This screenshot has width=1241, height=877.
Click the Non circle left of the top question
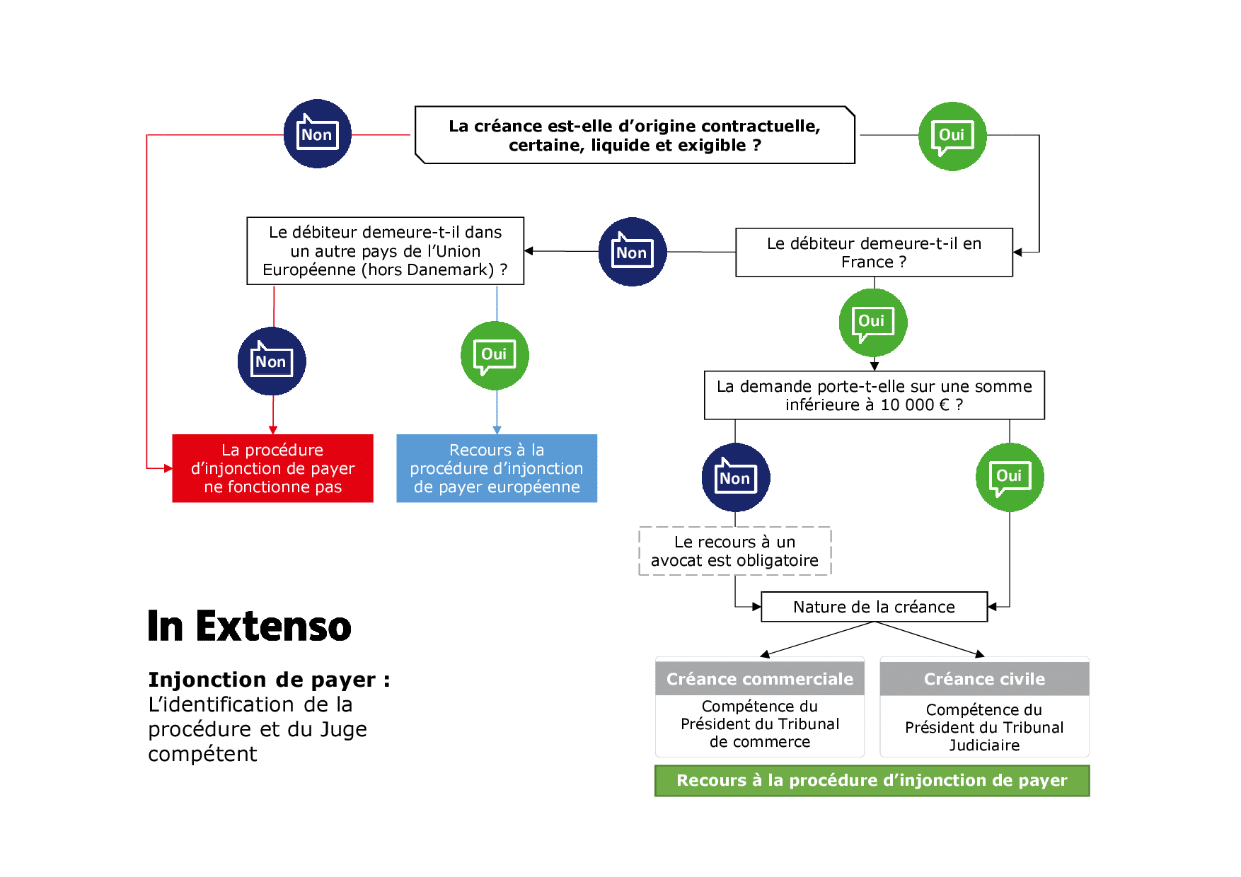pos(317,134)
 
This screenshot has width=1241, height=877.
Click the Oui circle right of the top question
pos(952,136)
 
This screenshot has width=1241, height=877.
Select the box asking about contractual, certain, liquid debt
pos(635,135)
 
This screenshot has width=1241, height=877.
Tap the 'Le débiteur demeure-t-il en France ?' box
pos(874,252)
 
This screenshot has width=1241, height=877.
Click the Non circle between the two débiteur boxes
pos(632,252)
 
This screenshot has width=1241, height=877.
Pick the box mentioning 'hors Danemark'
pos(385,251)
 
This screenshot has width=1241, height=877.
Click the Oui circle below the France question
pos(872,323)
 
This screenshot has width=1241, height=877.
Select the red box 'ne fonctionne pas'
pos(272,468)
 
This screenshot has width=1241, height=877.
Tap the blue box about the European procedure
pos(497,468)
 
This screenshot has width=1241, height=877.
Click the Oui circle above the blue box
pos(494,355)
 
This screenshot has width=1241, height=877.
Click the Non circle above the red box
pos(272,361)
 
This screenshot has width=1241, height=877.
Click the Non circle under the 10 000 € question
pos(735,477)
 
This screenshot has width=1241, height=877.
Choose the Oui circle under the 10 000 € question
pos(1009,477)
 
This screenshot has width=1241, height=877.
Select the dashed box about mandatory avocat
pos(734,551)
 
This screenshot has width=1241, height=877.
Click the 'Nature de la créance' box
pos(874,607)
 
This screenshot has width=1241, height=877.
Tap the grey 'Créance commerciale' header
pos(760,679)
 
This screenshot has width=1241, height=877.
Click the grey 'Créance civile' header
pos(984,679)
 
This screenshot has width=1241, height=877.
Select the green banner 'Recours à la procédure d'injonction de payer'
pos(872,781)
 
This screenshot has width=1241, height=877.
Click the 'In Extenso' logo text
pos(249,627)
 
